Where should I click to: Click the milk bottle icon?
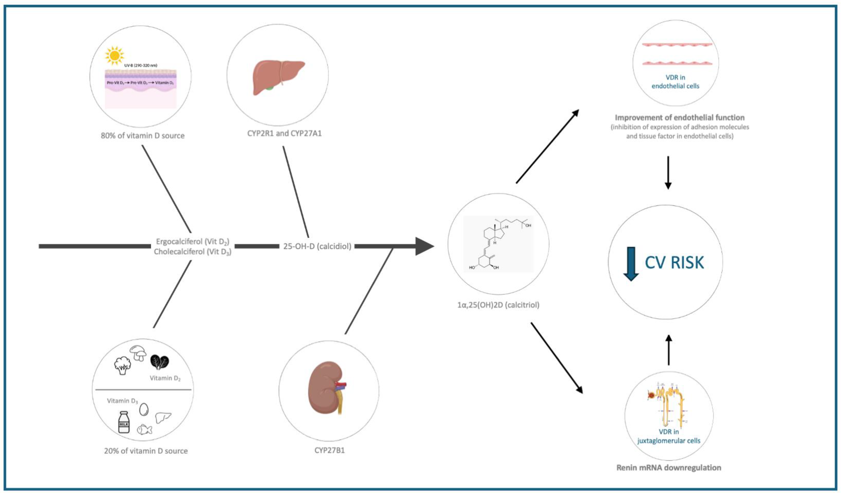(124, 423)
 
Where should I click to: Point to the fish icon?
(145, 429)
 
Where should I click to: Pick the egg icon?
(144, 409)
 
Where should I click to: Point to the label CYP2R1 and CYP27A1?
(284, 133)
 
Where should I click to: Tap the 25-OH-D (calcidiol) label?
(317, 246)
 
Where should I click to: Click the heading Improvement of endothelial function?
(679, 118)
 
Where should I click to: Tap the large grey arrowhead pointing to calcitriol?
(424, 246)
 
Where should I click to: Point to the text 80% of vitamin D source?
(143, 136)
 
